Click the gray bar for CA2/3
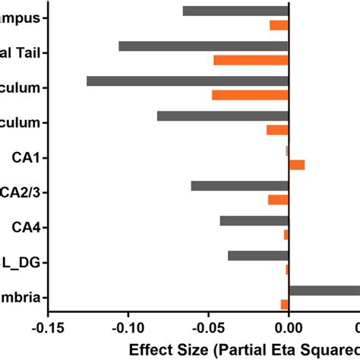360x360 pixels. pos(239,186)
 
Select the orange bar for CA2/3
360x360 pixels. pos(278,200)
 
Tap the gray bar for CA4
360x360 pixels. pos(254,221)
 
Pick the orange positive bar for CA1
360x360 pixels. pos(297,165)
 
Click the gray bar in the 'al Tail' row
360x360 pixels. pos(204,46)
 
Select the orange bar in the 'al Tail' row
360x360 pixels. pos(251,60)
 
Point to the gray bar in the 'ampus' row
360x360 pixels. pos(235,11)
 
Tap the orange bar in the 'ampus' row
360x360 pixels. pos(279,25)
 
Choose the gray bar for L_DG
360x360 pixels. pos(257,256)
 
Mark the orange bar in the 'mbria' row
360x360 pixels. pos(285,305)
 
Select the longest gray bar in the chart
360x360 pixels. pos(188,81)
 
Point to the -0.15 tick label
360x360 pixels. pos(48,327)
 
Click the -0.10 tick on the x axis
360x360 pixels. pos(128,327)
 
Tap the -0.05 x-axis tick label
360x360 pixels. pos(208,327)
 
